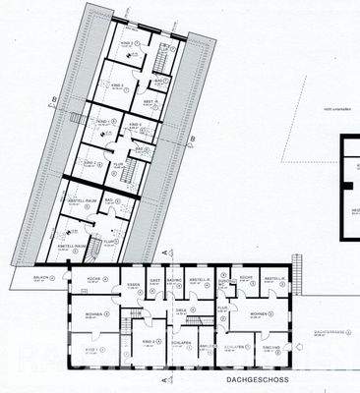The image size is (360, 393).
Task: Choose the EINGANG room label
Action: click(269, 345)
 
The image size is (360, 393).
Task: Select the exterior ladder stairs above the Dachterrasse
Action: click(293, 267)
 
